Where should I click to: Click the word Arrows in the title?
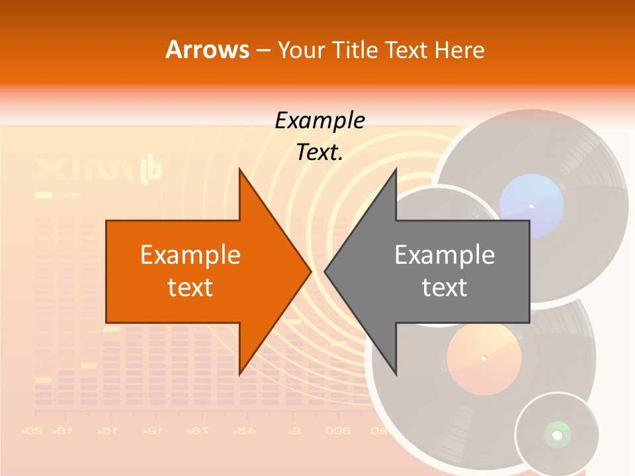(x=207, y=50)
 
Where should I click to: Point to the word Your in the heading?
(x=300, y=50)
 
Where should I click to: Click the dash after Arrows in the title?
(x=263, y=50)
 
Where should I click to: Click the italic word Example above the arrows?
(x=319, y=120)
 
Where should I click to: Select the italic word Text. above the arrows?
(x=319, y=152)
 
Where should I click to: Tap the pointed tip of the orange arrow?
(x=310, y=271)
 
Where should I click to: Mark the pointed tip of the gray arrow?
(x=326, y=271)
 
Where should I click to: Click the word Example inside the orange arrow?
(x=190, y=255)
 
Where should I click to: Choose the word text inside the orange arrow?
(x=190, y=288)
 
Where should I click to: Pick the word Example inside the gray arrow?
(x=444, y=255)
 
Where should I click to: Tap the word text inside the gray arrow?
(x=444, y=288)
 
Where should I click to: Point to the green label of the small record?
(x=557, y=434)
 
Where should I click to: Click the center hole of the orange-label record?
(x=484, y=358)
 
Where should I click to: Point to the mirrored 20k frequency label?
(x=32, y=431)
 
